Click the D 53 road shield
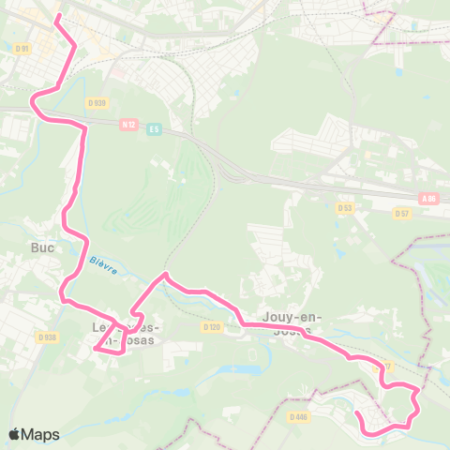(345, 206)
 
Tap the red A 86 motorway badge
(429, 198)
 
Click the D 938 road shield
(47, 337)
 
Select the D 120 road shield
(211, 327)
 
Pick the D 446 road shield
(299, 416)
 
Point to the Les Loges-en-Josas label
(127, 334)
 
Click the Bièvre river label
(103, 266)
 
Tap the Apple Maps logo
(34, 434)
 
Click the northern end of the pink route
(58, 16)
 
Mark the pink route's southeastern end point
(357, 412)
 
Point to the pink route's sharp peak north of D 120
(165, 274)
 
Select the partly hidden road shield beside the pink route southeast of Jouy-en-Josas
(385, 365)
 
